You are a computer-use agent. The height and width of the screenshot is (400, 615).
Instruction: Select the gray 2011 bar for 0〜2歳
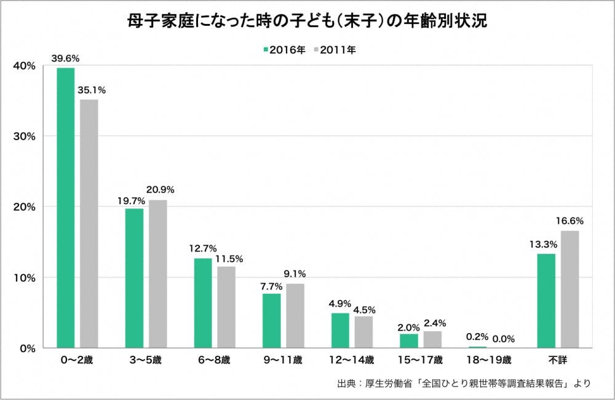point(89,224)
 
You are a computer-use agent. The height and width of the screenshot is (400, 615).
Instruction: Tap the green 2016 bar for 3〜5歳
point(135,278)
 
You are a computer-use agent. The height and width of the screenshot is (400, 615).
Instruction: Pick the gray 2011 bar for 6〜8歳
point(226,307)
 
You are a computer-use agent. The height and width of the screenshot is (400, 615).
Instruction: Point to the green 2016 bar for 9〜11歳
point(272,321)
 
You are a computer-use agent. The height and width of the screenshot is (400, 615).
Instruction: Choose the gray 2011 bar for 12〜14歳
point(363,332)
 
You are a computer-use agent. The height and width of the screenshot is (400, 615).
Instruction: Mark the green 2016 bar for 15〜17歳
point(409,341)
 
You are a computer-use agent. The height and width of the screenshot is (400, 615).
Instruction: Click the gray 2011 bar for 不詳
point(569,289)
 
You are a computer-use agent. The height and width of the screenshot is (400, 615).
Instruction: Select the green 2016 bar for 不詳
point(546,301)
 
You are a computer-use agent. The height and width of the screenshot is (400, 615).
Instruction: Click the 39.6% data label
point(66,58)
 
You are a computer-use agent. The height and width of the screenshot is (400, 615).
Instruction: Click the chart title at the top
point(307,21)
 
